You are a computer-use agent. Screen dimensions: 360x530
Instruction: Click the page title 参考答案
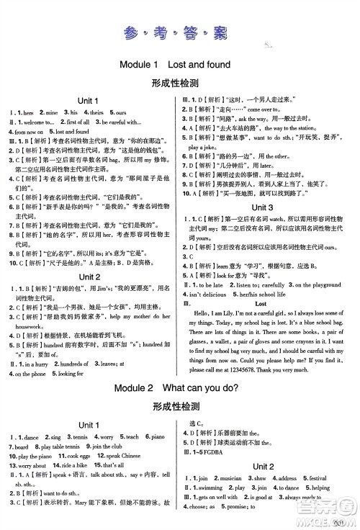[x=179, y=32]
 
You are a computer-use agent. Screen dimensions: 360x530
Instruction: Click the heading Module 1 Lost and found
[x=179, y=64]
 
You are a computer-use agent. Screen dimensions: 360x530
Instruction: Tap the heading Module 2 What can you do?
[x=179, y=387]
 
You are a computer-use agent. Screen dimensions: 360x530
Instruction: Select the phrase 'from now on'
[x=29, y=132]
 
